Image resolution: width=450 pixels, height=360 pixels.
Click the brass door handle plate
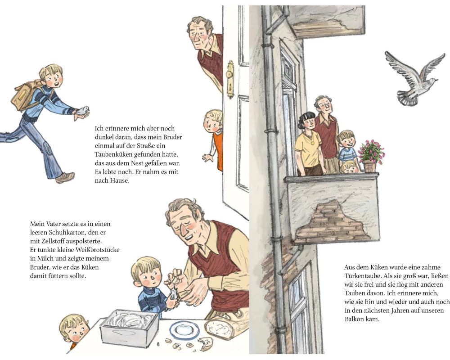(x=230, y=79)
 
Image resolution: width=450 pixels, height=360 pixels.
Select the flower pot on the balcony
(x=369, y=166)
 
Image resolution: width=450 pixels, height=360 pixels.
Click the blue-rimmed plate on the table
(x=184, y=330)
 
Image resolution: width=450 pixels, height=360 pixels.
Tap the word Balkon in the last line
(x=354, y=319)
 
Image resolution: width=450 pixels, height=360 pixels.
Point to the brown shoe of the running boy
(x=65, y=177)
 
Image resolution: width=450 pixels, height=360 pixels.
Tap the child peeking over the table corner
(x=75, y=330)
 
